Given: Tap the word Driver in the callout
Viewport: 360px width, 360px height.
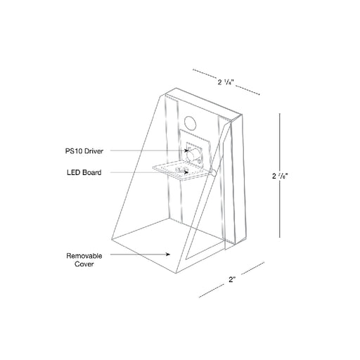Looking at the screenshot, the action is pos(94,151).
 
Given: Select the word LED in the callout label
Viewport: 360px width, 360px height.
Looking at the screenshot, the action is pos(72,172).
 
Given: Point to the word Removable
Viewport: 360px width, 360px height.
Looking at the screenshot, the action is pos(84,256).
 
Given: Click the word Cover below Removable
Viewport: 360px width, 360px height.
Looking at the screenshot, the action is pos(84,264).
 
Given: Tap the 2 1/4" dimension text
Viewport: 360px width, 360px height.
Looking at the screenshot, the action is pos(226,82).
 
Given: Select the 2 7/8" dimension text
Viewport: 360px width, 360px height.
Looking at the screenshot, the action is pos(280,176).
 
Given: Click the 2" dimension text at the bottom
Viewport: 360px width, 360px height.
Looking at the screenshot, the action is pos(232,279).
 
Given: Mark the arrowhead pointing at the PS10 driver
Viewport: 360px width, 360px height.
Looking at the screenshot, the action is pos(186,150).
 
